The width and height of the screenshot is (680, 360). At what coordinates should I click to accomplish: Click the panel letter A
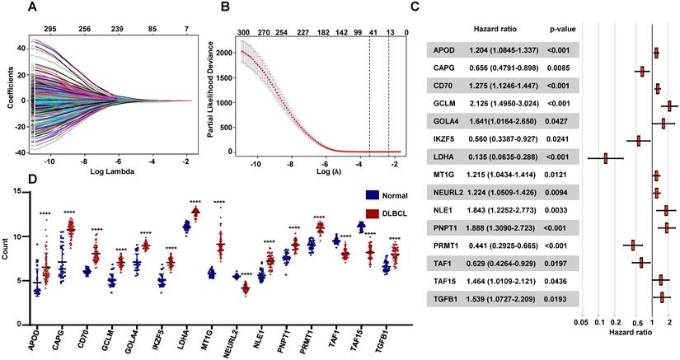(32, 8)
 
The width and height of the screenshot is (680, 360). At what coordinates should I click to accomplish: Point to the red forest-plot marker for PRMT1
(632, 245)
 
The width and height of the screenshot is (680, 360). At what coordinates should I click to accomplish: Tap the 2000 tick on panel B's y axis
(229, 51)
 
